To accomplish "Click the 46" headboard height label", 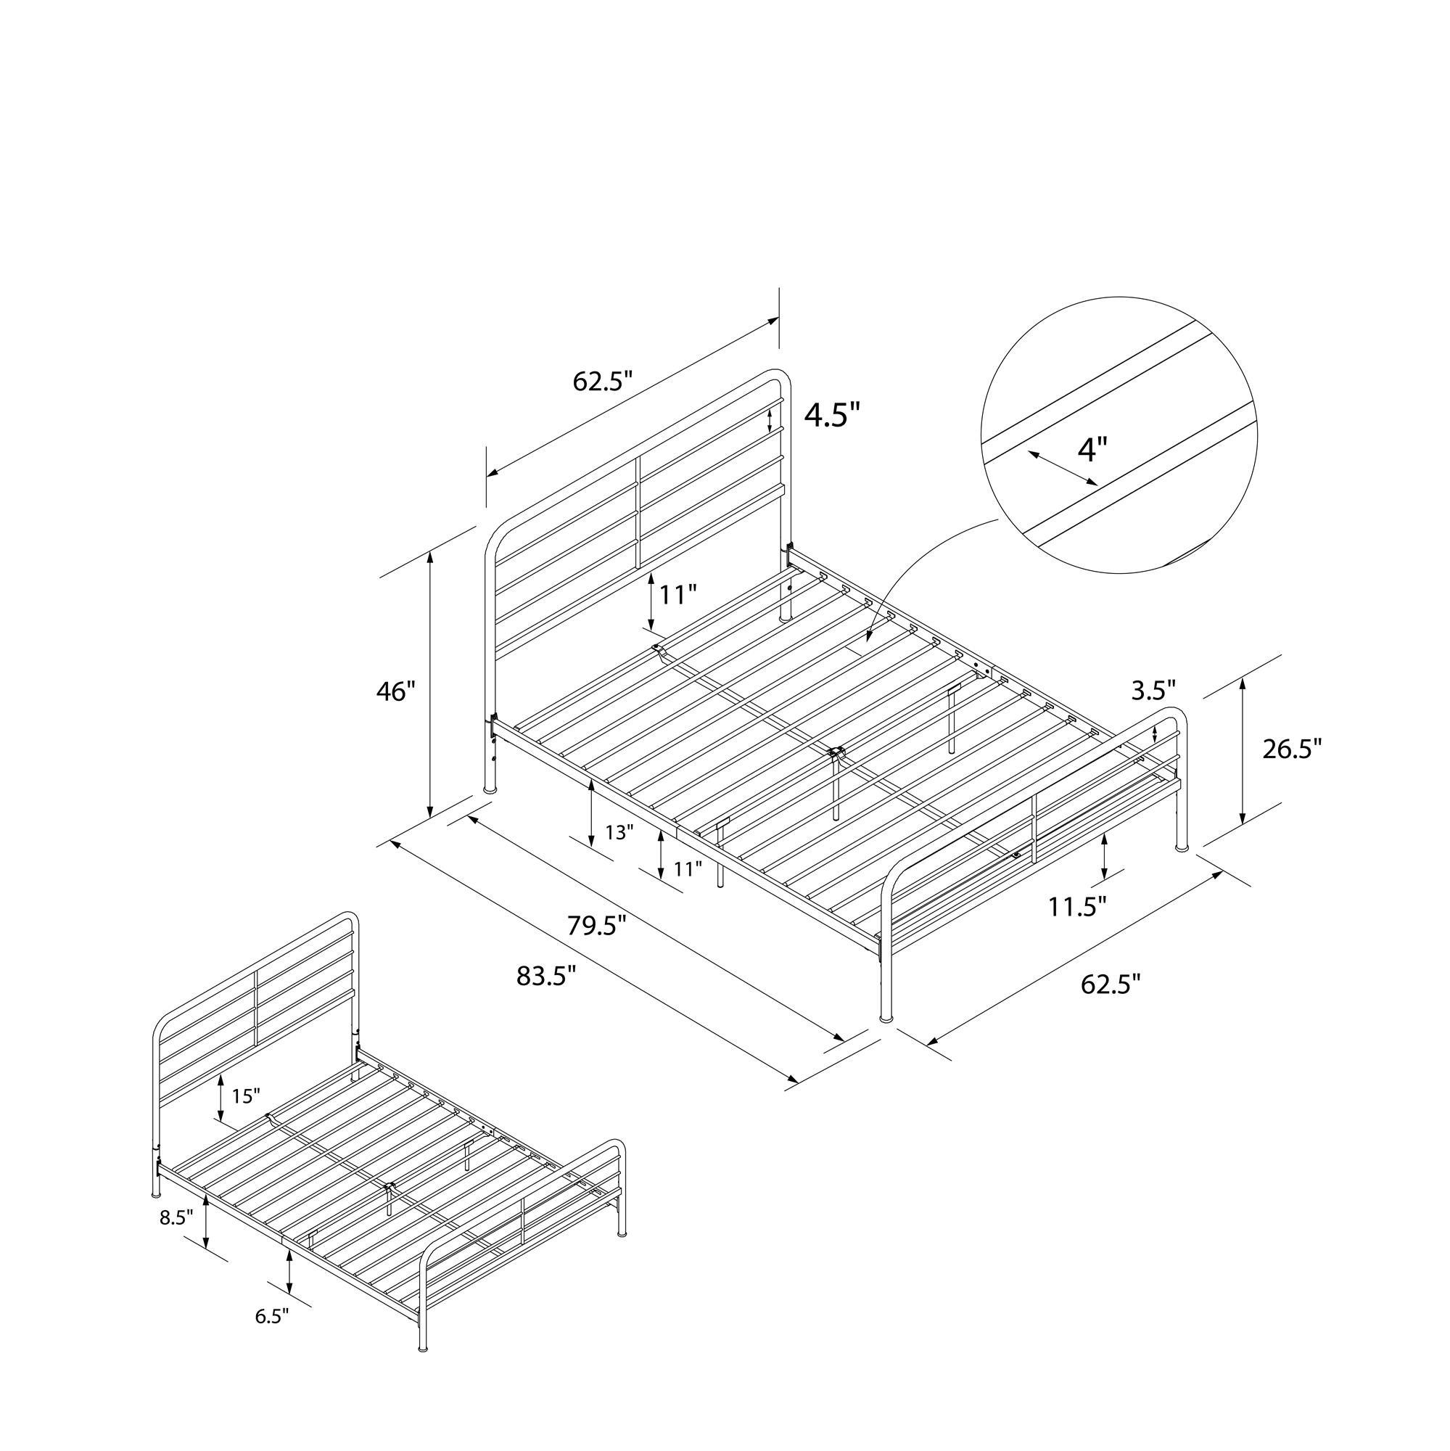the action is [396, 691].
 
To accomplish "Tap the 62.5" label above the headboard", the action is [604, 382].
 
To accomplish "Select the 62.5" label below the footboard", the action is [1111, 983].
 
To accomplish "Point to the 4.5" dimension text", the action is [833, 414].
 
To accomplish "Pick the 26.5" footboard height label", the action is [1292, 749].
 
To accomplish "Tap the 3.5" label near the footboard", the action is [1153, 689].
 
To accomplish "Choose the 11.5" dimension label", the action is [1078, 906].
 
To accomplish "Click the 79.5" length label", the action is [596, 926].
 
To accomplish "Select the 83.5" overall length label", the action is [547, 976].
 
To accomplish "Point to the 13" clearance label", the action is [619, 831].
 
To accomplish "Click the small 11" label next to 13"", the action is [688, 869].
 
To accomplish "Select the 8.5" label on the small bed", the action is [176, 1217].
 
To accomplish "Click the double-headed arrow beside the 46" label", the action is [430, 685].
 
